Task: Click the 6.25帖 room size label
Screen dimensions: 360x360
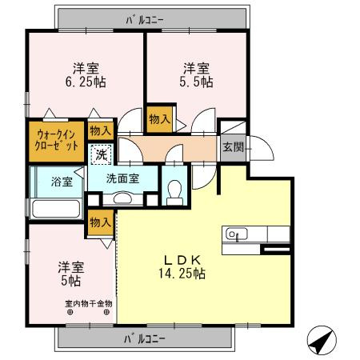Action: coord(86,82)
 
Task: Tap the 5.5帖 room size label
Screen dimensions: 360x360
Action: coord(196,82)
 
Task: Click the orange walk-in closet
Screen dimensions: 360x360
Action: coord(55,141)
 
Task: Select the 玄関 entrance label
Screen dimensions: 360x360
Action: coord(233,147)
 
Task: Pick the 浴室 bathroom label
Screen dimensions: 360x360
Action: coord(62,182)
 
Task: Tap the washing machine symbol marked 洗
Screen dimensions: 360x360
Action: coord(102,152)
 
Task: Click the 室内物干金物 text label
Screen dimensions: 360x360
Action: coord(88,304)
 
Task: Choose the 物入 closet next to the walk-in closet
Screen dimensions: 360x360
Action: coord(99,130)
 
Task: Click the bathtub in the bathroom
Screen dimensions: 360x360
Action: coord(55,210)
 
